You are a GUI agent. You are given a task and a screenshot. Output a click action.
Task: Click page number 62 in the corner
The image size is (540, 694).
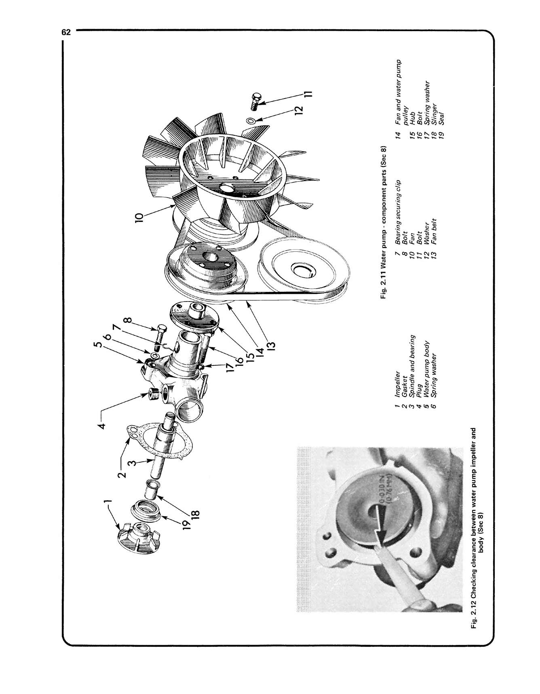66,32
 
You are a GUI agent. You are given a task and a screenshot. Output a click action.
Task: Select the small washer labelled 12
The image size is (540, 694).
250,120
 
